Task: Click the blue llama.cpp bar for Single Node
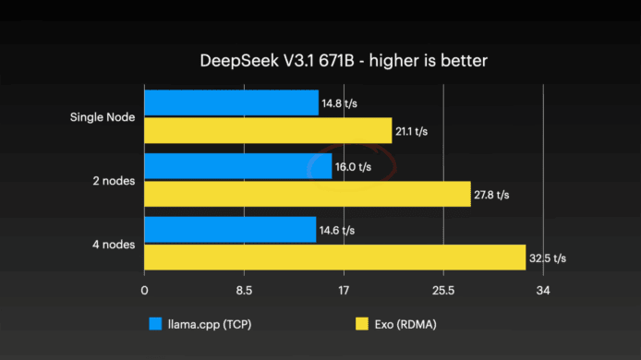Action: click(232, 103)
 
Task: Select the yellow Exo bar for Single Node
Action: click(268, 131)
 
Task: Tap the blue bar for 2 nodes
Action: click(238, 166)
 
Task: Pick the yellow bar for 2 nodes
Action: click(308, 194)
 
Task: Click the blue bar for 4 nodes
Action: click(230, 230)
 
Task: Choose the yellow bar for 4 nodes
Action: click(334, 258)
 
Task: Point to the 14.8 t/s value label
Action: click(339, 103)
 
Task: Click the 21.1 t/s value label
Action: click(411, 132)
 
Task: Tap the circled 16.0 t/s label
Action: click(353, 167)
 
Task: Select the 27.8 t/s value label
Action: click(491, 195)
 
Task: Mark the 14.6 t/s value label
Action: click(337, 231)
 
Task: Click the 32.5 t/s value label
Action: click(548, 258)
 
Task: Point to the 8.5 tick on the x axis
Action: click(244, 291)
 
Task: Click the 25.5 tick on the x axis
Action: click(443, 291)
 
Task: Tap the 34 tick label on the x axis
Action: click(543, 291)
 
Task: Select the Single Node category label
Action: click(103, 117)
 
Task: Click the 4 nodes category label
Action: click(114, 245)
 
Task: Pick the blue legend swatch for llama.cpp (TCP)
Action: click(155, 324)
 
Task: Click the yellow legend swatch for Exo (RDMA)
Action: click(362, 324)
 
